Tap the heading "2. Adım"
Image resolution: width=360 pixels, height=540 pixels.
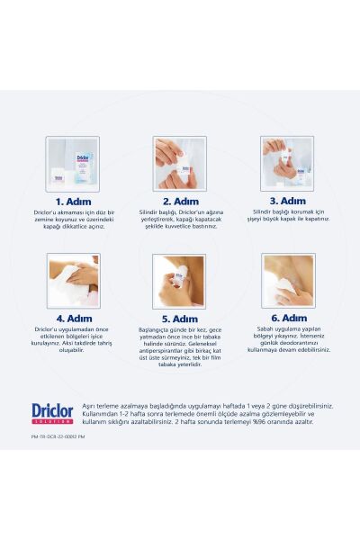(x=179, y=202)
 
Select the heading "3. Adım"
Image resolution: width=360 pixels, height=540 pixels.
(x=287, y=201)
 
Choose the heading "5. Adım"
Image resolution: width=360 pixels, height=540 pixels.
(x=179, y=319)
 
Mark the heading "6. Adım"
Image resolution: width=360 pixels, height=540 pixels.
(x=287, y=318)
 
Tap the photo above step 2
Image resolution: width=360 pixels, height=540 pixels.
(x=179, y=163)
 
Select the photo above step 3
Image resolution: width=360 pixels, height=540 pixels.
(x=287, y=163)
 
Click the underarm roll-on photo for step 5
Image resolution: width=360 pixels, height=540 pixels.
(x=179, y=281)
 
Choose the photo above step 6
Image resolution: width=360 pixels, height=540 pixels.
(x=287, y=280)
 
